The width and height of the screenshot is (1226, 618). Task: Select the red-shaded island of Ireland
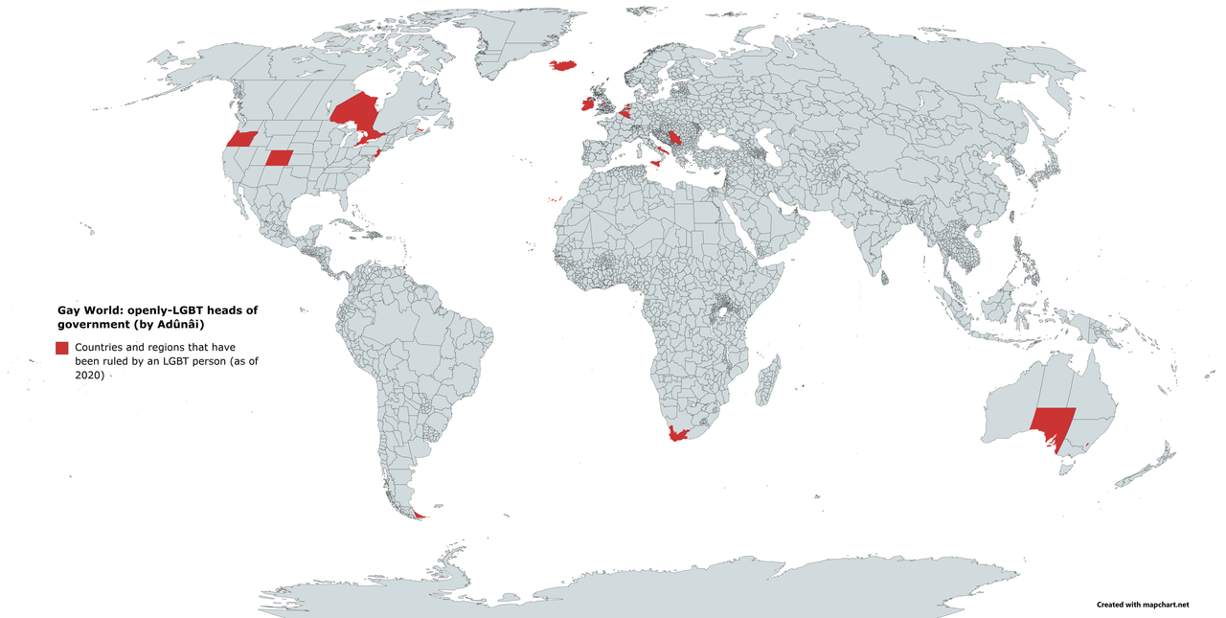point(586,103)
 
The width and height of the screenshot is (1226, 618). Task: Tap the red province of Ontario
point(354,115)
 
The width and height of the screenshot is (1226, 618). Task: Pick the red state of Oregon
point(241,139)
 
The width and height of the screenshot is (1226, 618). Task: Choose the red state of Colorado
point(279,158)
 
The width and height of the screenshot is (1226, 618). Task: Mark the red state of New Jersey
point(376,152)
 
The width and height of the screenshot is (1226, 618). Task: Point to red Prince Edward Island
point(420,128)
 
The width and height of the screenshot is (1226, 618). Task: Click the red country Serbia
point(675,137)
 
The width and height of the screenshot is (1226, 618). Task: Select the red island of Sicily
point(657,164)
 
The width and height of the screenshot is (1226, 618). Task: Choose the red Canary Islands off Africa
point(555,199)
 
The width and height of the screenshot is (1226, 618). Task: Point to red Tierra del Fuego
point(420,515)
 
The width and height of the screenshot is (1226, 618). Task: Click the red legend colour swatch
point(62,347)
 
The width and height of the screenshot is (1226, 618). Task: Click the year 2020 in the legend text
point(90,376)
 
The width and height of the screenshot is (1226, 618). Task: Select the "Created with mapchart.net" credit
point(1142,605)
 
